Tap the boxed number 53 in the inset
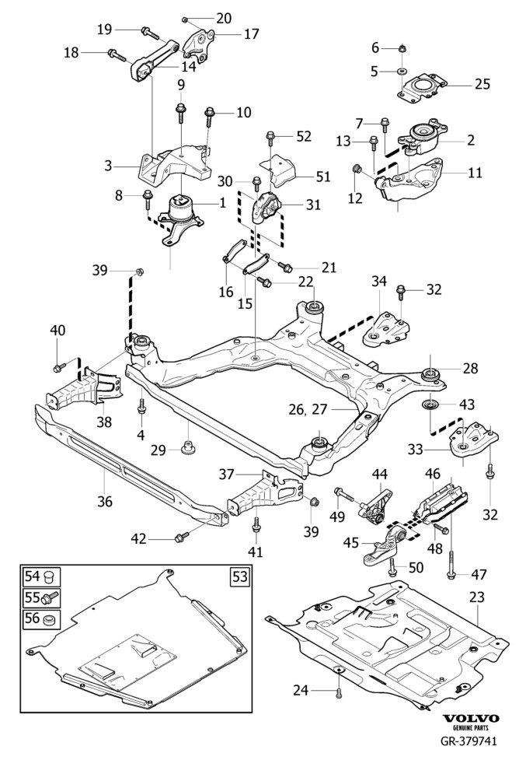coord(239,576)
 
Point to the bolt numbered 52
coord(270,138)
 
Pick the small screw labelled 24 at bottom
coord(339,692)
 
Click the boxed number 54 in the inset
coord(31,576)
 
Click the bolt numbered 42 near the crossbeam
coord(182,537)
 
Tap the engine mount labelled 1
coord(181,210)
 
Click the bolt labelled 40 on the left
coord(60,366)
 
